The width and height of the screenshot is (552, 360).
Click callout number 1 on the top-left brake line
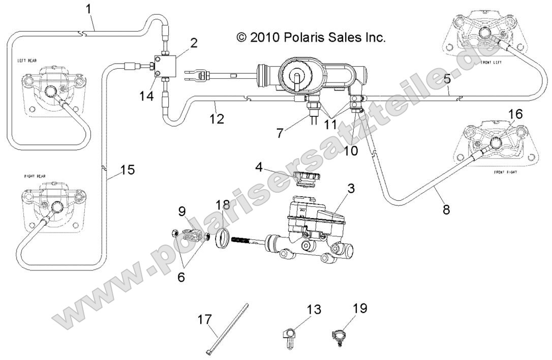click(89, 9)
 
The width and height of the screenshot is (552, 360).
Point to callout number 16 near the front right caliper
click(515, 114)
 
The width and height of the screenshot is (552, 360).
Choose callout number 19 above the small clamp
click(359, 308)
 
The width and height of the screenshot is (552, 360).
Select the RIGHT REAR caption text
click(35, 176)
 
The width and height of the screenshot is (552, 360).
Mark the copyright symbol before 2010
click(241, 37)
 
